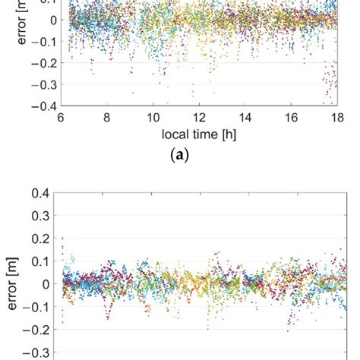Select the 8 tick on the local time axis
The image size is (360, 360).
[x=107, y=118]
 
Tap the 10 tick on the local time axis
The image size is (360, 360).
[x=153, y=118]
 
